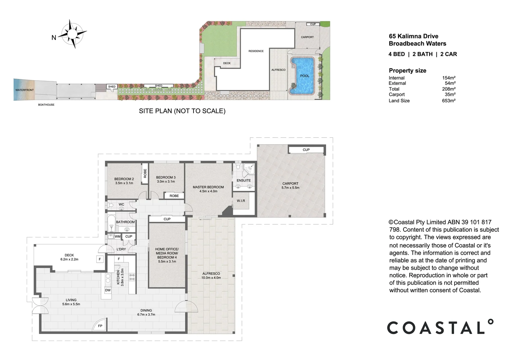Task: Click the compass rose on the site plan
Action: click(72, 34)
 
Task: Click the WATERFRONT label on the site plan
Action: click(25, 90)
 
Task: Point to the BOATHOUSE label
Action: click(46, 105)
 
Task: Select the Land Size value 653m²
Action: click(449, 101)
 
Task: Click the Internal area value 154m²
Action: click(449, 78)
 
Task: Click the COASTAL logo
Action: click(440, 327)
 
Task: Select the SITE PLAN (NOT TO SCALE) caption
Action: click(182, 111)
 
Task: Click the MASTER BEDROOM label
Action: click(209, 187)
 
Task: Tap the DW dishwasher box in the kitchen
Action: click(108, 290)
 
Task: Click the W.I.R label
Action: click(241, 201)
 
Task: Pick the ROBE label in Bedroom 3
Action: click(174, 196)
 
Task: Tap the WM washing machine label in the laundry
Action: click(118, 237)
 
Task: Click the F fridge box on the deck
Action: click(100, 259)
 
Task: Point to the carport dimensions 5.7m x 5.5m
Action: click(290, 188)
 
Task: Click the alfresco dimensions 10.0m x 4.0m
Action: click(211, 278)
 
